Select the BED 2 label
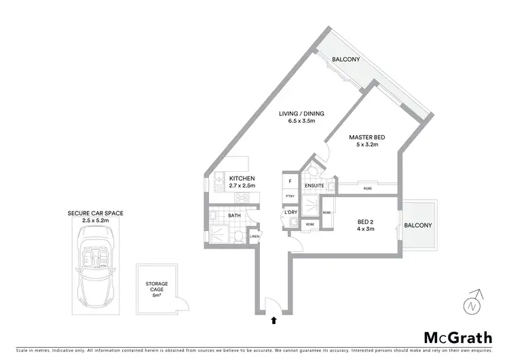(x=366, y=221)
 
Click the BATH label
(x=234, y=215)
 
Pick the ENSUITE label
(x=313, y=185)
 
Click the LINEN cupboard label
(x=254, y=236)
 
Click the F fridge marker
(x=290, y=181)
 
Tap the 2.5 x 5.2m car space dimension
(x=95, y=220)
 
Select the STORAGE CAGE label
(x=156, y=287)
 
